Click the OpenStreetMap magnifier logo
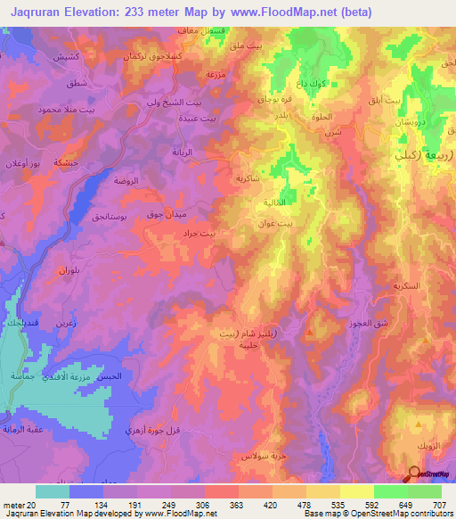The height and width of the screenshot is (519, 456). pyautogui.click(x=416, y=475)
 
